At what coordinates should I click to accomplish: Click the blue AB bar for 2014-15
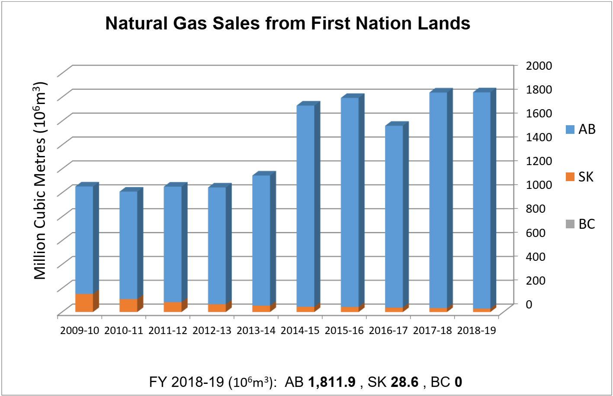pos(305,206)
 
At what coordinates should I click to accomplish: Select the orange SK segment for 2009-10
pos(84,302)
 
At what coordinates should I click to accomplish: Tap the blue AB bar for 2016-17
pos(394,217)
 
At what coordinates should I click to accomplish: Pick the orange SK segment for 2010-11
pos(128,305)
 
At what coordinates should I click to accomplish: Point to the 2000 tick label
pos(539,65)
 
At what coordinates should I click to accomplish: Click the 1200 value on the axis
pos(539,161)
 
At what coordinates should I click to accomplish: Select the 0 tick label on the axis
pos(529,304)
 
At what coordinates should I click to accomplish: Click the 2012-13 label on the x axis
pos(212,331)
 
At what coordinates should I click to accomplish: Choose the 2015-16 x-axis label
pos(344,331)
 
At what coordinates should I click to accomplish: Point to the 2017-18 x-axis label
pos(433,331)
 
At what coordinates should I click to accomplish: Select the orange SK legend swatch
pos(570,177)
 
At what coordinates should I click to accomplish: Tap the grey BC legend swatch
pos(570,224)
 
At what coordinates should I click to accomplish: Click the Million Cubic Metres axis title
pos(40,180)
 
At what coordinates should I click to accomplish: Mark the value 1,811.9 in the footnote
pos(331,382)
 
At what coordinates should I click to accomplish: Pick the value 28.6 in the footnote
pos(404,382)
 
